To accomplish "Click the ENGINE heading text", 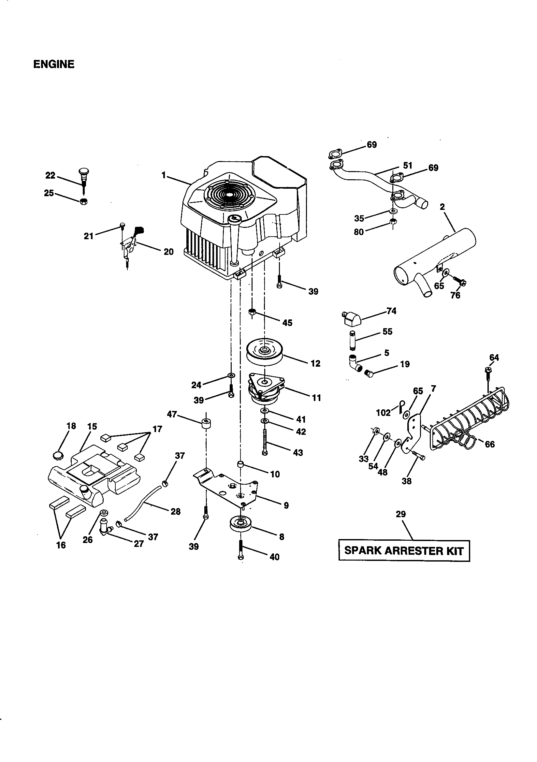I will pyautogui.click(x=54, y=64).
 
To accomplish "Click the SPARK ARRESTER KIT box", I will pyautogui.click(x=404, y=550).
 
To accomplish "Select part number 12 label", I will pyautogui.click(x=315, y=363).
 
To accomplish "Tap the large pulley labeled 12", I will pyautogui.click(x=265, y=352).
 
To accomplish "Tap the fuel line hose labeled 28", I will pyautogui.click(x=143, y=504).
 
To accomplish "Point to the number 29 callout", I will pyautogui.click(x=400, y=514).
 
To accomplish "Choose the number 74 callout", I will pyautogui.click(x=391, y=311).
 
